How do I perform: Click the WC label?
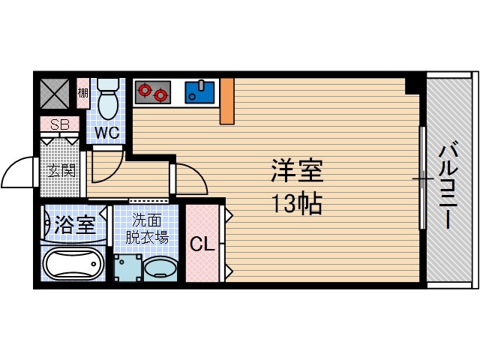tap(107, 133)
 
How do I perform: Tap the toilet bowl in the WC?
tap(109, 102)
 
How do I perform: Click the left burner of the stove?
tap(144, 93)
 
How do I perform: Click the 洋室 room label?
tap(296, 172)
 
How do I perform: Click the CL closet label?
tap(199, 245)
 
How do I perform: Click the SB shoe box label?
tap(59, 124)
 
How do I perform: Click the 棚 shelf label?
tap(82, 93)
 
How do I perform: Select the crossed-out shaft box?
tap(55, 94)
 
